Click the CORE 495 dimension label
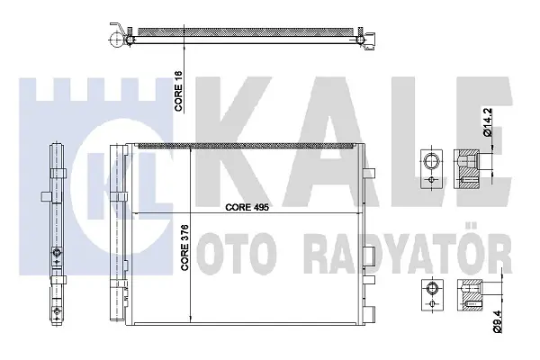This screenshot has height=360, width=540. click(247, 207)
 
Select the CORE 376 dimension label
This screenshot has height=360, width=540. click(185, 247)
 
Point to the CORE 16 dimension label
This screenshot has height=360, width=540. click(179, 91)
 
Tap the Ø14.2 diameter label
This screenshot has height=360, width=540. click(489, 122)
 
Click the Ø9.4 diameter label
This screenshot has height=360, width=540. click(498, 321)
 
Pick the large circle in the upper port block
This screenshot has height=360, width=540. click(431, 161)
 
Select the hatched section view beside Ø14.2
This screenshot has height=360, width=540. click(466, 169)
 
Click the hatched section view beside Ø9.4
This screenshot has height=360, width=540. click(469, 294)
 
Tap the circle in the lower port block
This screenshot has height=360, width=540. click(432, 288)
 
